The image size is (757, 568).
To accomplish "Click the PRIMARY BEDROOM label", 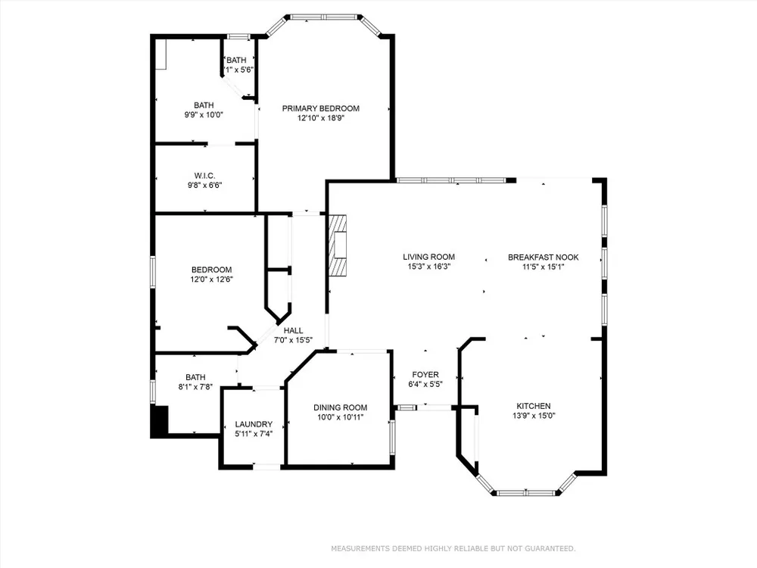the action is pos(320,108).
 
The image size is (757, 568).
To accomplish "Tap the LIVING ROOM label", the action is pos(428,257).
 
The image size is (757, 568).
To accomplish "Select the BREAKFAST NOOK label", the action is pos(543,257).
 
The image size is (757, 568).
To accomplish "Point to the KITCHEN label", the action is pos(534,406).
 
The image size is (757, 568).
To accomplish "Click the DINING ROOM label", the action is pos(341,407).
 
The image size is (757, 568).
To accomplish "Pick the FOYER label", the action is pos(425,374).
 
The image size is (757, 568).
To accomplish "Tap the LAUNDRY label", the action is pos(254,424).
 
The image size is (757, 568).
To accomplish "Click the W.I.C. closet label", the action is pos(204,176).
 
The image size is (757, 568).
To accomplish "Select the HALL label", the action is pos(293,330).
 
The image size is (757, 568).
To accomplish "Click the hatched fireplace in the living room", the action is pos(338,245).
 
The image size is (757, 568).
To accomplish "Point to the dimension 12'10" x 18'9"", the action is pos(320,118).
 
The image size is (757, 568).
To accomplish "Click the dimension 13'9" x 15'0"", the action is pos(534,415).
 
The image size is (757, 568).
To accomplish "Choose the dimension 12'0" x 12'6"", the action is pos(211,279).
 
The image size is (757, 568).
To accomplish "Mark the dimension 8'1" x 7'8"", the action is pos(195,387).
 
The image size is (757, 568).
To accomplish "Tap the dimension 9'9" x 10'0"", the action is pos(204,115).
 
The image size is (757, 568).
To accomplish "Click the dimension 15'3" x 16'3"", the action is pos(428,267).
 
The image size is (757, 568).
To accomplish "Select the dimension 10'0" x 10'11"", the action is pos(341,417).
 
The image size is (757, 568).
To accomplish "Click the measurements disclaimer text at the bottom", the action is pos(453,548).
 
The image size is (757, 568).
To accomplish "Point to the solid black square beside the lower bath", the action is pos(159,421).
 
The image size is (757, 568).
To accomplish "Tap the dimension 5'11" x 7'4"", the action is pos(254,434).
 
